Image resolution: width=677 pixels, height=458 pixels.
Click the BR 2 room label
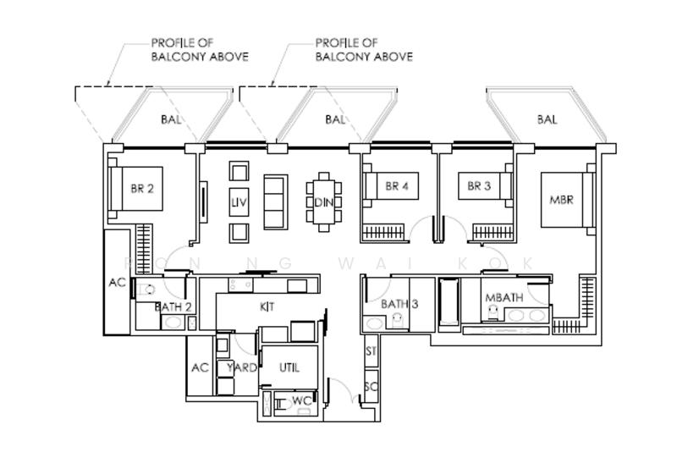point(141,190)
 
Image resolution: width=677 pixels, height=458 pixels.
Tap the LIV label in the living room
point(239,203)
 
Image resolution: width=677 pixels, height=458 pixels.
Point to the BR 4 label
point(396,187)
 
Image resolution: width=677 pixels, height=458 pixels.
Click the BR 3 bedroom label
point(474,187)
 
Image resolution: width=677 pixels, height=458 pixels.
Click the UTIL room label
point(290,367)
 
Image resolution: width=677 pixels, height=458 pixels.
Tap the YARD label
point(242,367)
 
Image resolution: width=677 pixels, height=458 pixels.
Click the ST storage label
point(371,350)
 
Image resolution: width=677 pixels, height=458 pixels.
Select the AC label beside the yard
point(200,367)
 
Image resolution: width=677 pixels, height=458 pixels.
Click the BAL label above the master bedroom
point(547,120)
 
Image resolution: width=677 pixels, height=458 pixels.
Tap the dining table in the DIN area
point(323,201)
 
